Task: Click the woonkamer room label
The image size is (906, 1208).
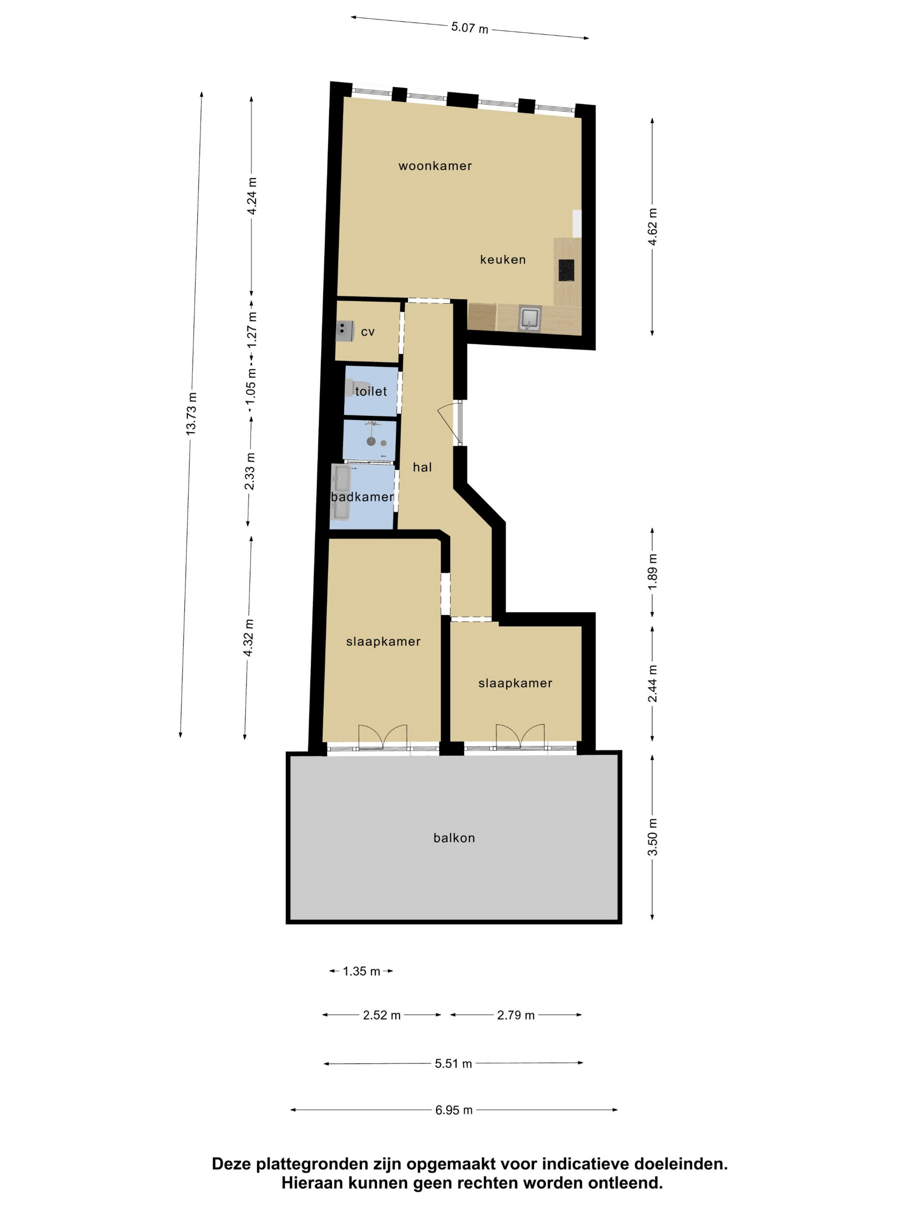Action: (x=435, y=166)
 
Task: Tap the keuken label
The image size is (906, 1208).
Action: (x=503, y=260)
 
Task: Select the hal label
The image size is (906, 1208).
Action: (x=422, y=467)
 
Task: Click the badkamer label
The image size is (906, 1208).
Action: (x=362, y=497)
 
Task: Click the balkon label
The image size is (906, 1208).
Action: (x=454, y=838)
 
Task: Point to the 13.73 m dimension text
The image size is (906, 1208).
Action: (x=191, y=413)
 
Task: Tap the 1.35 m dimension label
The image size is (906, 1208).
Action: (x=362, y=971)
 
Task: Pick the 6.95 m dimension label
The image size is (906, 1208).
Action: (x=454, y=1110)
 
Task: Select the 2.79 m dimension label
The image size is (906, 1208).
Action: (x=516, y=1015)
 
